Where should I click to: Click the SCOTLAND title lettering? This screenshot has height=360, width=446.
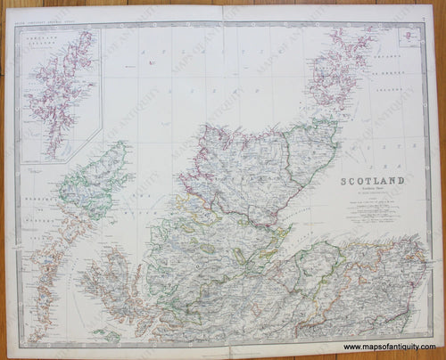pyautogui.click(x=372, y=181)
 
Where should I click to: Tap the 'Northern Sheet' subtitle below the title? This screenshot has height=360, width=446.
pyautogui.click(x=372, y=190)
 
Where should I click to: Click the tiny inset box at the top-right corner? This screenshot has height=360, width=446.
pyautogui.click(x=409, y=37)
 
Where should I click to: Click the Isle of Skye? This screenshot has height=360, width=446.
pyautogui.click(x=111, y=285)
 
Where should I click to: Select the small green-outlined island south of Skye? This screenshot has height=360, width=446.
pyautogui.click(x=106, y=335)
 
